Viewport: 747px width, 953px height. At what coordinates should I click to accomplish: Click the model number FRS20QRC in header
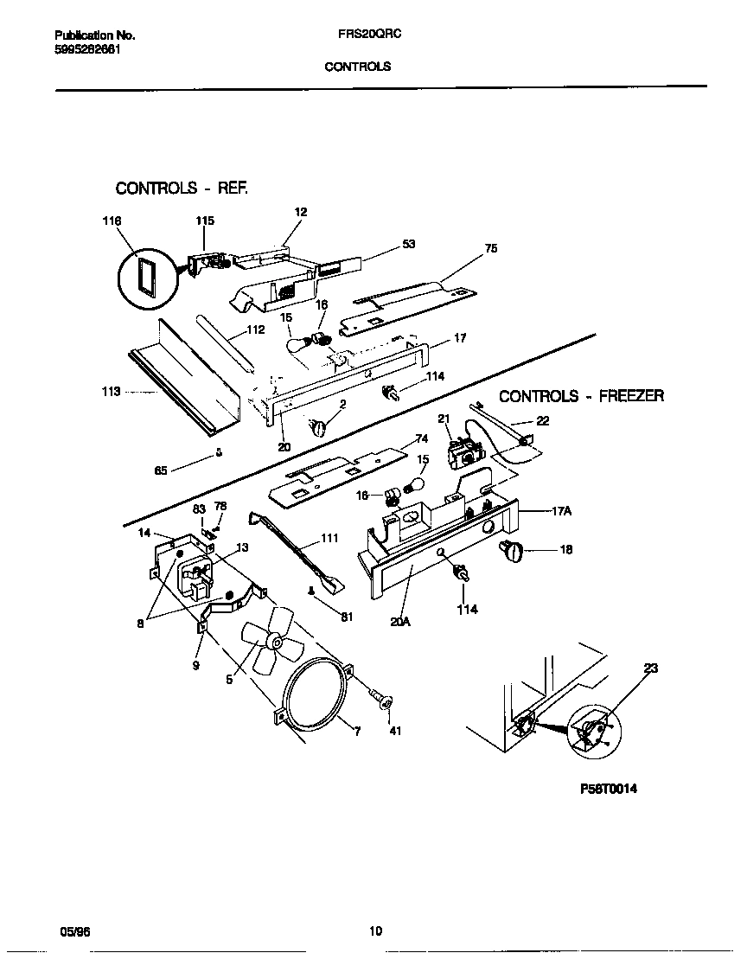click(357, 35)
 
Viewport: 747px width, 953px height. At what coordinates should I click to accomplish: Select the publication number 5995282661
click(87, 48)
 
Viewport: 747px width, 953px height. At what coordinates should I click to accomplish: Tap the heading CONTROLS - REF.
click(182, 188)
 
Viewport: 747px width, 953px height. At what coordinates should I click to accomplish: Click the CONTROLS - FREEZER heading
click(582, 396)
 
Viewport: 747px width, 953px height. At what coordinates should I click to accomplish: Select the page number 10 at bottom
click(375, 931)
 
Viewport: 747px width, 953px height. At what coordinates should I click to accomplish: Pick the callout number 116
click(112, 221)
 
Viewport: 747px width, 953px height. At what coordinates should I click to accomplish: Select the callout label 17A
click(563, 511)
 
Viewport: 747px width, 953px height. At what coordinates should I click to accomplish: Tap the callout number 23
click(650, 668)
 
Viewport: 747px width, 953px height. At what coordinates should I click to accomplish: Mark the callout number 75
click(491, 248)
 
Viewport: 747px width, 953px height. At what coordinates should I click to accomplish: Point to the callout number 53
click(408, 245)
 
